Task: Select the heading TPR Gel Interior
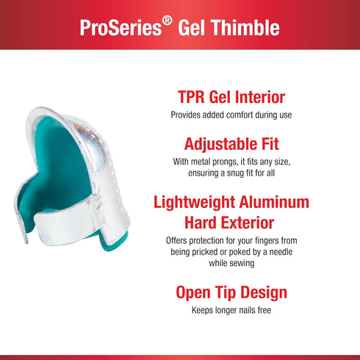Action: click(231, 98)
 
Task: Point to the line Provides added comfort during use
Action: click(231, 115)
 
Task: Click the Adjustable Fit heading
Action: click(231, 143)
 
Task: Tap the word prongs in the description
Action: click(235, 162)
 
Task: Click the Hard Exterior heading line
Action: click(231, 222)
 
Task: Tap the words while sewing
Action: click(231, 264)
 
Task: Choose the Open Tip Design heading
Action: click(231, 292)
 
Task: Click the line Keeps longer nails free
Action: click(231, 309)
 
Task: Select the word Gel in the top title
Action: click(198, 28)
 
